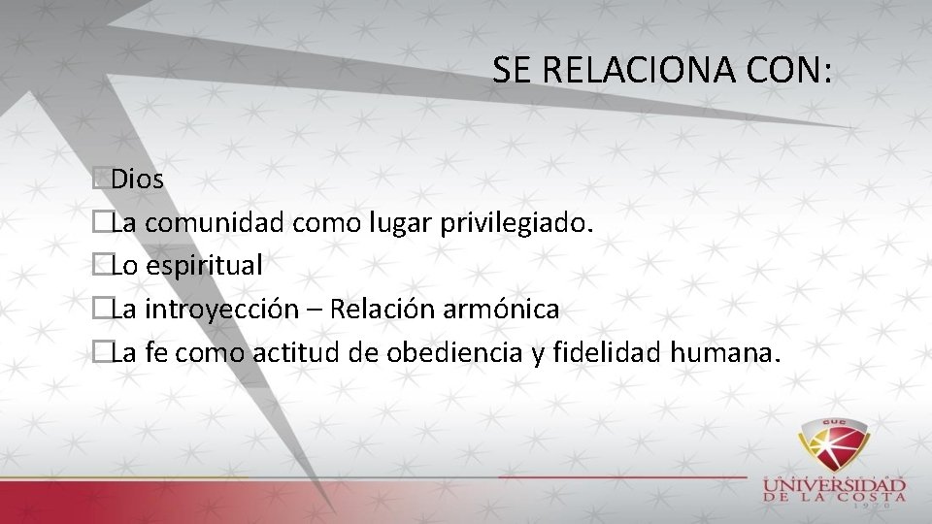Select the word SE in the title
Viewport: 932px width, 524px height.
tap(512, 71)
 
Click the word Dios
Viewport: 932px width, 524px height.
tap(138, 180)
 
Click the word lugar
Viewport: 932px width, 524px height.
tap(400, 223)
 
